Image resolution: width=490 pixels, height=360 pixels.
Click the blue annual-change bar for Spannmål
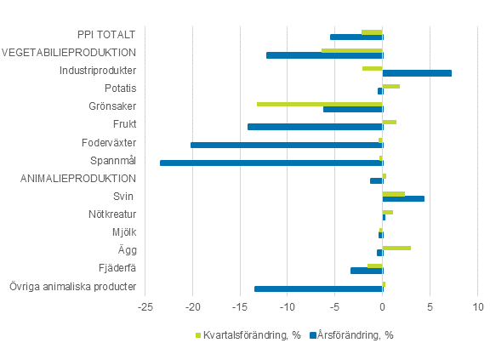click(x=271, y=163)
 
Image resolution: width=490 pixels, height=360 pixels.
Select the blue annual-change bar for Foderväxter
click(x=287, y=145)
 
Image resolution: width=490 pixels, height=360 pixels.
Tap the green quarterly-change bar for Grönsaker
click(x=320, y=104)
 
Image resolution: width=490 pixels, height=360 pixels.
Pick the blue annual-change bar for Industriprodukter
click(x=417, y=73)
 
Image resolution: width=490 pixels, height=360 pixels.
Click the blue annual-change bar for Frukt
click(x=315, y=127)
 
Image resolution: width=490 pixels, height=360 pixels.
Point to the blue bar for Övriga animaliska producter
click(x=318, y=289)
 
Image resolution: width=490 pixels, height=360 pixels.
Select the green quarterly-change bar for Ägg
click(x=396, y=248)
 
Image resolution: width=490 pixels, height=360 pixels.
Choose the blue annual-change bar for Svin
click(x=403, y=199)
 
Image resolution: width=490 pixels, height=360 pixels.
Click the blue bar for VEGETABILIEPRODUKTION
click(x=324, y=55)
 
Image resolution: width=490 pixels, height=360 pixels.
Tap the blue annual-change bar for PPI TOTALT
click(x=356, y=37)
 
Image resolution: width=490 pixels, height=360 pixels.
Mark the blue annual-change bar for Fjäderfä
click(x=367, y=271)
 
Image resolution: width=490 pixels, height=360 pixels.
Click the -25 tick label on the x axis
click(x=146, y=306)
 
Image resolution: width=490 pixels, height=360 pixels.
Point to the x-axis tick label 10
click(x=477, y=306)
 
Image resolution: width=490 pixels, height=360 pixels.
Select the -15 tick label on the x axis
click(x=241, y=306)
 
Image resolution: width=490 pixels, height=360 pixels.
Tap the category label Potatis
click(x=120, y=88)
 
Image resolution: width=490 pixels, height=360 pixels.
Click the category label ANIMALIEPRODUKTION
click(x=78, y=178)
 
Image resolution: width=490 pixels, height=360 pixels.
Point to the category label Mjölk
click(x=124, y=231)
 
